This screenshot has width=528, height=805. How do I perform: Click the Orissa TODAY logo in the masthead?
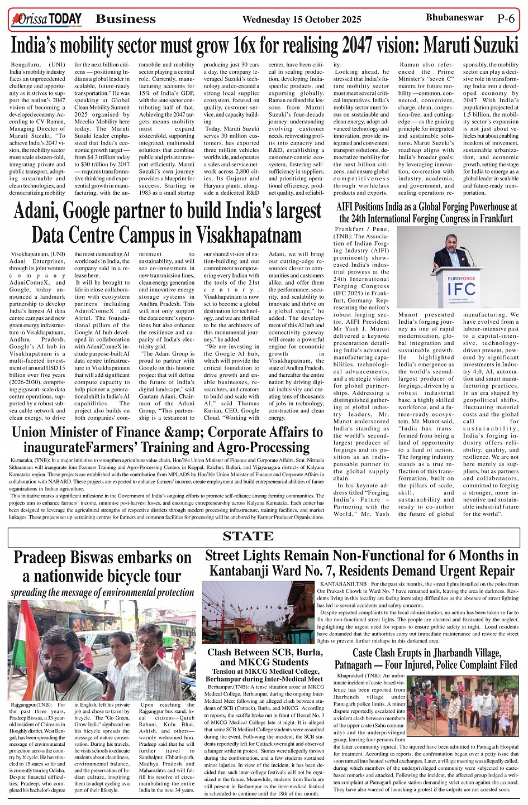click(x=46, y=19)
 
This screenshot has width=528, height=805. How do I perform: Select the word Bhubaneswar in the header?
click(x=454, y=17)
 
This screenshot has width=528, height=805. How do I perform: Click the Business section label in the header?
click(x=126, y=19)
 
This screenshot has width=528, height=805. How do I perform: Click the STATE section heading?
click(x=248, y=536)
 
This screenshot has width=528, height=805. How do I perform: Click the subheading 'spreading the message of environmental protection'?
click(x=102, y=592)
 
